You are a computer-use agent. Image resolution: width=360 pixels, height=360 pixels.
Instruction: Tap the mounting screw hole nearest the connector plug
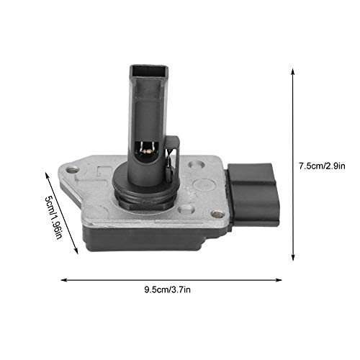tap(216, 214)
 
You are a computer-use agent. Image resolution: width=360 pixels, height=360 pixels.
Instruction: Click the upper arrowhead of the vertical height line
tap(292, 70)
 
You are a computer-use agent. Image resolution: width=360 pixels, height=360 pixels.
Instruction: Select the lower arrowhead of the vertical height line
tap(292, 259)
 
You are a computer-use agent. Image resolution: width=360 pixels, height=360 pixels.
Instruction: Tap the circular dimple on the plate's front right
tap(186, 210)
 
